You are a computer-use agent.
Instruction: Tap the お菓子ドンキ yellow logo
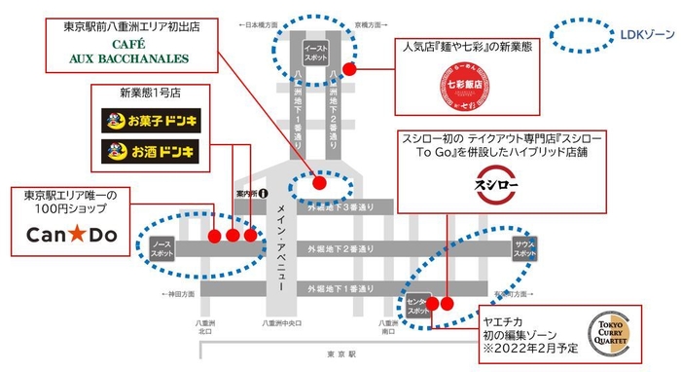tap(149, 123)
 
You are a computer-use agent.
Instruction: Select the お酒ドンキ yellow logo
tap(149, 152)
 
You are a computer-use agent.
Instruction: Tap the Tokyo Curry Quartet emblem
tap(614, 333)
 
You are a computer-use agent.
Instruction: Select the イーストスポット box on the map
tap(315, 53)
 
